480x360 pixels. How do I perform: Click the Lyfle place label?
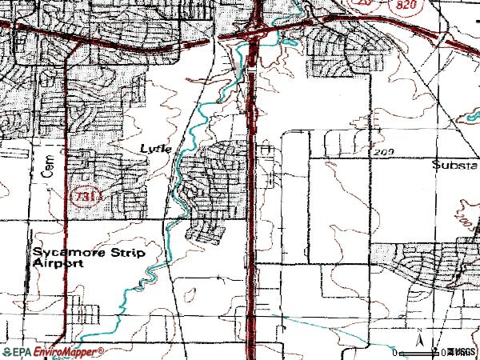(x=157, y=149)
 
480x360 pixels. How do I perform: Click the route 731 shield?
(x=79, y=194)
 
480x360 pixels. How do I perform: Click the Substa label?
(x=454, y=166)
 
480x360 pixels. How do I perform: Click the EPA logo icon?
(x=7, y=352)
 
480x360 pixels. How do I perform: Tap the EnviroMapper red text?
(x=69, y=352)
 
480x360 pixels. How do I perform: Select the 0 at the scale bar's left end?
(x=395, y=352)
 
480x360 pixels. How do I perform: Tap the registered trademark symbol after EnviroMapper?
(x=102, y=350)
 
